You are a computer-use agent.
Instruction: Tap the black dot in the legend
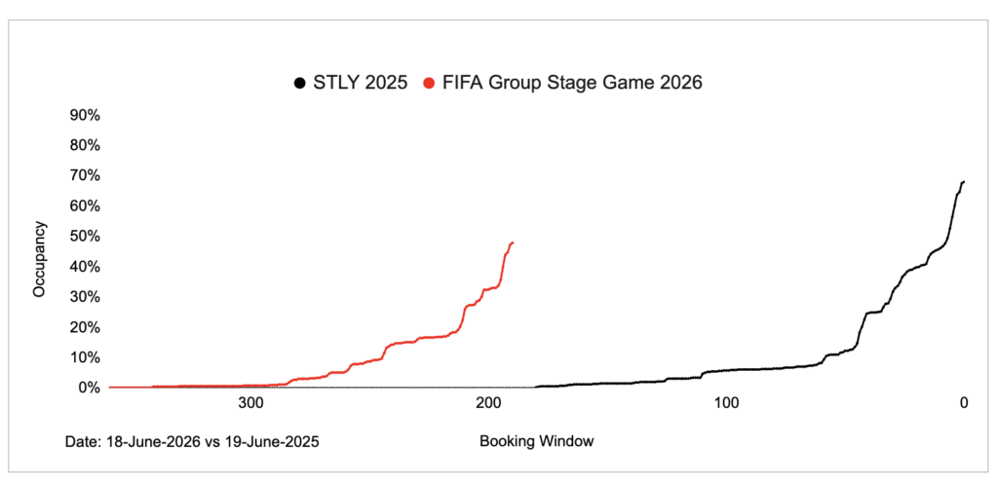[x=297, y=84]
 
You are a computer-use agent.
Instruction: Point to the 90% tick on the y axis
[x=82, y=115]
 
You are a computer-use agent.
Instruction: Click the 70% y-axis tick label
[x=82, y=175]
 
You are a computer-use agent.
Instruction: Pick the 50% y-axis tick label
[x=82, y=236]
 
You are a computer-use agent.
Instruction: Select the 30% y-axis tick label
[x=82, y=297]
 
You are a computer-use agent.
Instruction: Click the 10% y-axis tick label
[x=82, y=357]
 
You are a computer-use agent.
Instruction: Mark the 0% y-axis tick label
[x=86, y=388]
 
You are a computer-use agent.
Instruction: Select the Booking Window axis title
[x=536, y=441]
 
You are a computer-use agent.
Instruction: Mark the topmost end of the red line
[x=513, y=242]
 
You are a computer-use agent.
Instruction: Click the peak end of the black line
[x=963, y=182]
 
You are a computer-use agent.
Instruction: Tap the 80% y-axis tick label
[x=82, y=145]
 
